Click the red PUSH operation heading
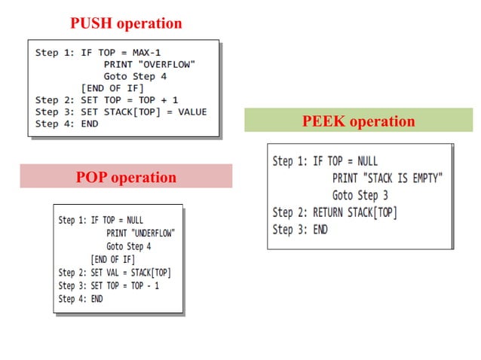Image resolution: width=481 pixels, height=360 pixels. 126,23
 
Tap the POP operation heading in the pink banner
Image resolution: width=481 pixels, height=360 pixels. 126,178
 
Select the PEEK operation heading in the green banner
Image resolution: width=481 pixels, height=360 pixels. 358,121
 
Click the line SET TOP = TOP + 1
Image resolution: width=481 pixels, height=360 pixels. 139,99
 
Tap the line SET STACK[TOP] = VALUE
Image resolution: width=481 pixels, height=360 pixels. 144,111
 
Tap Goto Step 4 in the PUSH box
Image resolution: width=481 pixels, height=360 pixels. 135,76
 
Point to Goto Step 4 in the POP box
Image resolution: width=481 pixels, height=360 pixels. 128,246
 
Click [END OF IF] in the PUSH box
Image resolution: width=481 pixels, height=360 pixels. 111,87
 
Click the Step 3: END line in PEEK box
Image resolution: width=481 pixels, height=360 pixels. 300,230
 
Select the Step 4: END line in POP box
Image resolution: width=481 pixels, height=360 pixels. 81,299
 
